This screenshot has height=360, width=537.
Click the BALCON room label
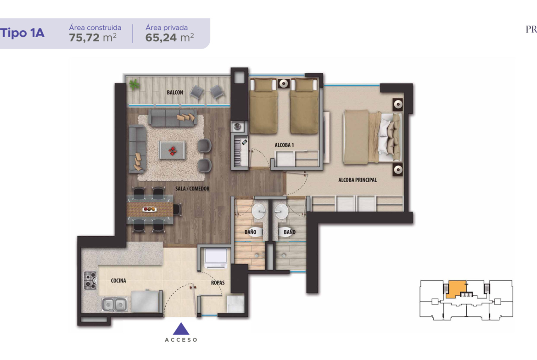[x=175, y=92]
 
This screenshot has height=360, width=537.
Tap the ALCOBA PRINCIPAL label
[x=358, y=180]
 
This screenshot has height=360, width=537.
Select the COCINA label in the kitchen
[x=118, y=281]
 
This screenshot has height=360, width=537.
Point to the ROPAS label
[x=218, y=282]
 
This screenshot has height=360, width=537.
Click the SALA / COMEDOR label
[x=192, y=188]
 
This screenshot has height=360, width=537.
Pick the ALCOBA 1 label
[x=284, y=145]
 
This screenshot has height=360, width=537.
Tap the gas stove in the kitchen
[x=90, y=281]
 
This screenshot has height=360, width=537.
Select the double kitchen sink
[x=114, y=304]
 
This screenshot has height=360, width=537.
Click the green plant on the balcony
[x=134, y=84]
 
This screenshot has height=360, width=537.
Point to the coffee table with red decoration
[x=172, y=150]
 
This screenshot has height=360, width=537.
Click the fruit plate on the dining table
[x=149, y=209]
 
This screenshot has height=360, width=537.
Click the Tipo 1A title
[x=22, y=33]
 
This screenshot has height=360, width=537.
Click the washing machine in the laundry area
[x=216, y=259]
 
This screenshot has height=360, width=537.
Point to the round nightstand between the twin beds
[x=284, y=83]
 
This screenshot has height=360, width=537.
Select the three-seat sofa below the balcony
[x=173, y=118]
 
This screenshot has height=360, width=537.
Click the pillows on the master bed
[x=390, y=137]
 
